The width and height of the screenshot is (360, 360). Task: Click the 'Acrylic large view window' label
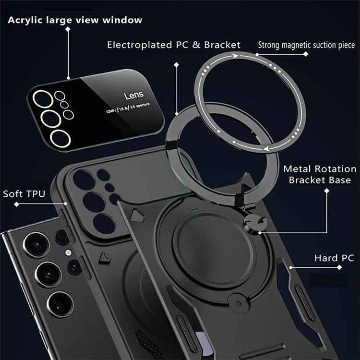75,20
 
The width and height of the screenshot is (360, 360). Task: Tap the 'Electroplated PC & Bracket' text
174,45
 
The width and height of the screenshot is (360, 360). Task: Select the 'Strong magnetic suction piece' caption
307,45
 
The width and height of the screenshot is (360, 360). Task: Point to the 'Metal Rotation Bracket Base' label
320,175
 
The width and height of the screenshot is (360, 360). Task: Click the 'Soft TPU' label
24,194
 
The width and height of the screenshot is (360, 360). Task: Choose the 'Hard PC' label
334,258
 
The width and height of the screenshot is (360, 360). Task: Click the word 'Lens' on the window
134,96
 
